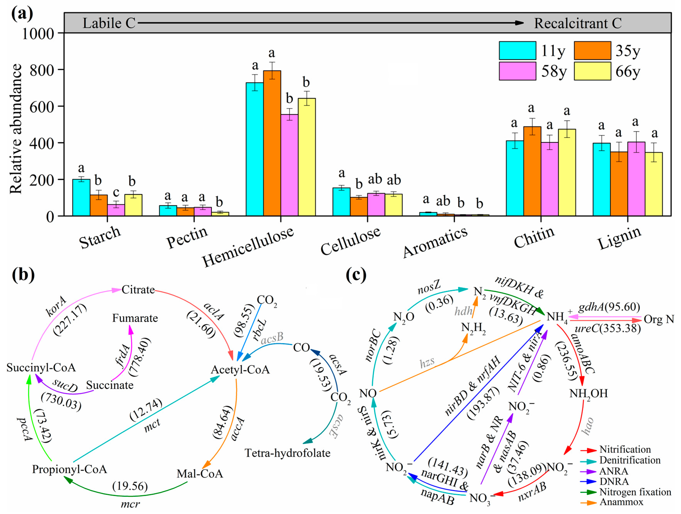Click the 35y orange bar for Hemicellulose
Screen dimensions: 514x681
click(272, 143)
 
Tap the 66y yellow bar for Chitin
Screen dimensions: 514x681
click(567, 172)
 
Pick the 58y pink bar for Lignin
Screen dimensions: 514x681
click(636, 179)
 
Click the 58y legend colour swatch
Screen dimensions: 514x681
click(517, 71)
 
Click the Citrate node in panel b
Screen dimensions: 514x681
click(138, 290)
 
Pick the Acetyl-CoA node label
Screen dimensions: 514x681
click(240, 370)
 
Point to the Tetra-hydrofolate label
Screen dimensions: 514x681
click(287, 453)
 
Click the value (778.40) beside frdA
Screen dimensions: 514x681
click(140, 357)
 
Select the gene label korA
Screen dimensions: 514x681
click(56, 306)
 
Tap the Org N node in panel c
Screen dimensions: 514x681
click(659, 319)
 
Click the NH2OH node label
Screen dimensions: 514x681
click(588, 394)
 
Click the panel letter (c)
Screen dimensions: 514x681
click(356, 274)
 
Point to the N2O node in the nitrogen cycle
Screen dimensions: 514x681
click(404, 317)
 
